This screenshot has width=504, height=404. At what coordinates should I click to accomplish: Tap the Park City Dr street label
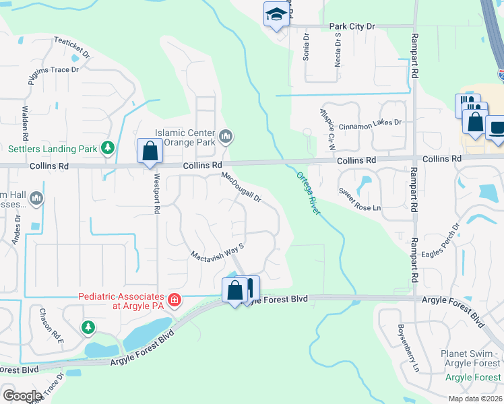coord(352,26)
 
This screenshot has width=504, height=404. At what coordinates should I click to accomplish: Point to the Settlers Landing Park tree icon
coord(107,147)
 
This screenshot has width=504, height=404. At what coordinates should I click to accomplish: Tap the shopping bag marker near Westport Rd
coord(150,151)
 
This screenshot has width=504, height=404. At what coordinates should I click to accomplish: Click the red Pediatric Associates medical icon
coord(174,299)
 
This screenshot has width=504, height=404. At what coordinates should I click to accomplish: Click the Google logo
coord(22,396)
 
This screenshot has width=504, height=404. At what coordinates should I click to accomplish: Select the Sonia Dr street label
coord(306,47)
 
